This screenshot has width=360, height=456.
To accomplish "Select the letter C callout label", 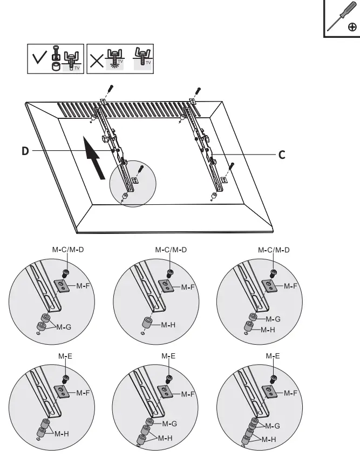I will click(282, 155).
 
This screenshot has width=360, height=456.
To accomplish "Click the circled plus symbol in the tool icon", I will click(351, 26).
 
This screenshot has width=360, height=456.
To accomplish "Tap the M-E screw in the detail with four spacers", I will click(274, 377).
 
